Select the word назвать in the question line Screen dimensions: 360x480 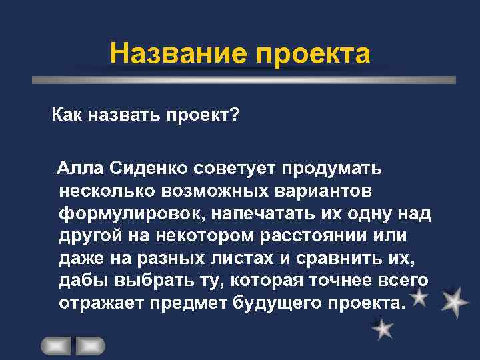(x=123, y=117)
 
